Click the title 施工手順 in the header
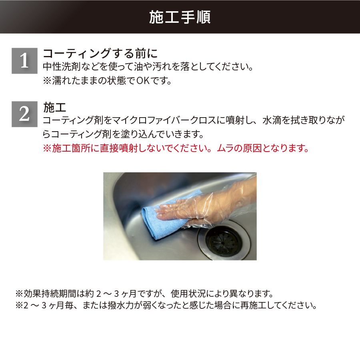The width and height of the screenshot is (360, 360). point(180,17)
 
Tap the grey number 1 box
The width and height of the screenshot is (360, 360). point(24,61)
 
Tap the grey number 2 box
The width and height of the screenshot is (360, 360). point(24,114)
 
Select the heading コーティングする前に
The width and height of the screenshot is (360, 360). point(100,54)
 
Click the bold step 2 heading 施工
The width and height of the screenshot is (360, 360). point(55,108)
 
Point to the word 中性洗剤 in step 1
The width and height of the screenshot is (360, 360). point(62,66)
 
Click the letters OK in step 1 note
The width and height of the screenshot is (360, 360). point(143,80)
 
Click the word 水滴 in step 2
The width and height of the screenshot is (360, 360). point(272,120)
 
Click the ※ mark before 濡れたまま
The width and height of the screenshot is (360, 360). point(47,80)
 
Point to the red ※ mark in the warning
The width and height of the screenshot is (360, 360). point(47,148)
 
